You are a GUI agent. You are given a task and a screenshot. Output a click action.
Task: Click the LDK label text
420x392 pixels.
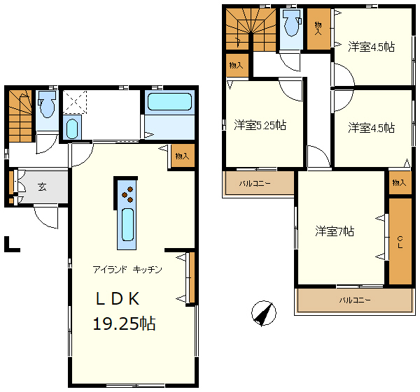point(118,299)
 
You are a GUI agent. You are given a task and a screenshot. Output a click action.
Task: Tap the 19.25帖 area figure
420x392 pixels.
point(124,324)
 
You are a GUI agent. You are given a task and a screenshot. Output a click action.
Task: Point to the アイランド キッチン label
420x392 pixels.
point(127,270)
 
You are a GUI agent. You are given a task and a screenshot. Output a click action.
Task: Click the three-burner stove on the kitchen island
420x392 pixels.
point(127,194)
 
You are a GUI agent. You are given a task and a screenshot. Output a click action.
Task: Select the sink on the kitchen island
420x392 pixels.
point(127,224)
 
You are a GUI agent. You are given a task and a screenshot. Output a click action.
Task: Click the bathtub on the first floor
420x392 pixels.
point(170,101)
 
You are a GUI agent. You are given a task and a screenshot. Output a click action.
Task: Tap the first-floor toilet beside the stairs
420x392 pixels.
point(47,104)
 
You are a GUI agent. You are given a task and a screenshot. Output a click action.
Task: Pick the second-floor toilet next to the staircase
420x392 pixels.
point(292,23)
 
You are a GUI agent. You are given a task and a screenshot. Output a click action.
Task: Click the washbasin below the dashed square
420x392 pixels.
point(72,129)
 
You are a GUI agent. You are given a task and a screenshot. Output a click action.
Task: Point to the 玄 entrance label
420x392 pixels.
point(42,187)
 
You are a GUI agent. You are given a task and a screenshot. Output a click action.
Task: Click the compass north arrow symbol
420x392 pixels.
point(264,313)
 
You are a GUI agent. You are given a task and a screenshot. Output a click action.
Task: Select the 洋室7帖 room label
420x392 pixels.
point(335,231)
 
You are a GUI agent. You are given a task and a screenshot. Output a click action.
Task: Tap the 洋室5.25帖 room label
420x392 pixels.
point(260,125)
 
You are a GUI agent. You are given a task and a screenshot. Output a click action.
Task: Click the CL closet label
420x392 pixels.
point(400,242)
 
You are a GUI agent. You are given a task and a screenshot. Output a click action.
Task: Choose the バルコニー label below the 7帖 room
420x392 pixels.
point(355,300)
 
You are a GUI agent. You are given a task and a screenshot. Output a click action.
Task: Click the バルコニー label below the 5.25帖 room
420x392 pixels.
point(255,184)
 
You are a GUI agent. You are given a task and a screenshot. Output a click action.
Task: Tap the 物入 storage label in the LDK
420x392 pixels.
point(182,156)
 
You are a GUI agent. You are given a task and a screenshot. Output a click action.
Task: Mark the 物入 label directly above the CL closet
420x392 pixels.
point(399,183)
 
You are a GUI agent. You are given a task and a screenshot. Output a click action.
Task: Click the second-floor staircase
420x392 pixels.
point(251,29)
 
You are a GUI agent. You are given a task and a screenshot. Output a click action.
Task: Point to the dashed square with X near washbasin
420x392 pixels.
point(75,102)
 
